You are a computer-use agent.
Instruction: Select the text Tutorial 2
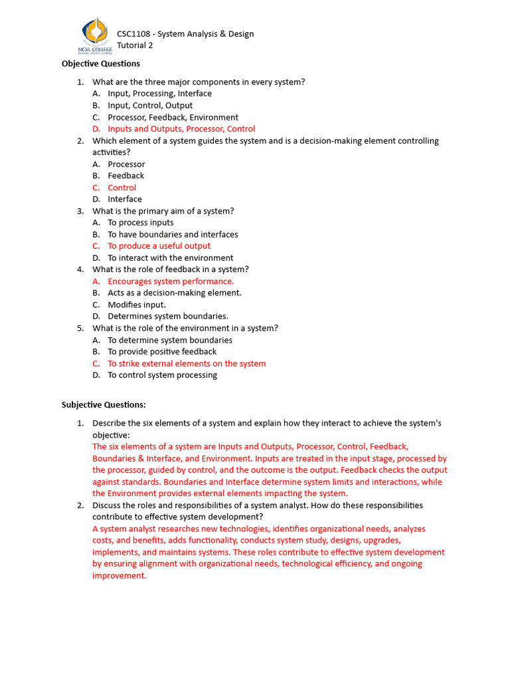(x=135, y=45)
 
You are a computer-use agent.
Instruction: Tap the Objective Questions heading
(x=101, y=64)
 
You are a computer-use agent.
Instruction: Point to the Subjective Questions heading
(x=104, y=404)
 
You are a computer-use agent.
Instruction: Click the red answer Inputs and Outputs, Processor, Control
(x=181, y=129)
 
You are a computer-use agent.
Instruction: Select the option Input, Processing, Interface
(x=159, y=94)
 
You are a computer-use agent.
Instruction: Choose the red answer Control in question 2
(x=122, y=188)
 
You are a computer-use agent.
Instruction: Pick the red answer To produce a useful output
(x=159, y=246)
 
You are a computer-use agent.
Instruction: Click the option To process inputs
(x=141, y=223)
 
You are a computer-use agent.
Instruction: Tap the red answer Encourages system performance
(x=171, y=281)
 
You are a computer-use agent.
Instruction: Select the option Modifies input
(x=137, y=305)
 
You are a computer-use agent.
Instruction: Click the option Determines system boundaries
(x=168, y=317)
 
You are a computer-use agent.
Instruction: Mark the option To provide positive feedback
(x=162, y=352)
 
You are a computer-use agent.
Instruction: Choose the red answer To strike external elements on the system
(x=187, y=364)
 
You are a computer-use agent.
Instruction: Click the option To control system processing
(x=162, y=375)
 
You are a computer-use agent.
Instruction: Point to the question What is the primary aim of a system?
(x=163, y=211)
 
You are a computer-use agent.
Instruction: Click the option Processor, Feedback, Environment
(x=173, y=118)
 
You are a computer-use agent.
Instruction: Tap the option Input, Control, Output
(x=150, y=106)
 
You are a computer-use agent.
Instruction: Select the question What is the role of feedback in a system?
(x=171, y=269)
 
